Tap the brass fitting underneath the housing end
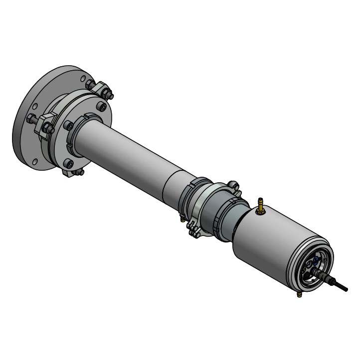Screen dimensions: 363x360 (299, 295)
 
